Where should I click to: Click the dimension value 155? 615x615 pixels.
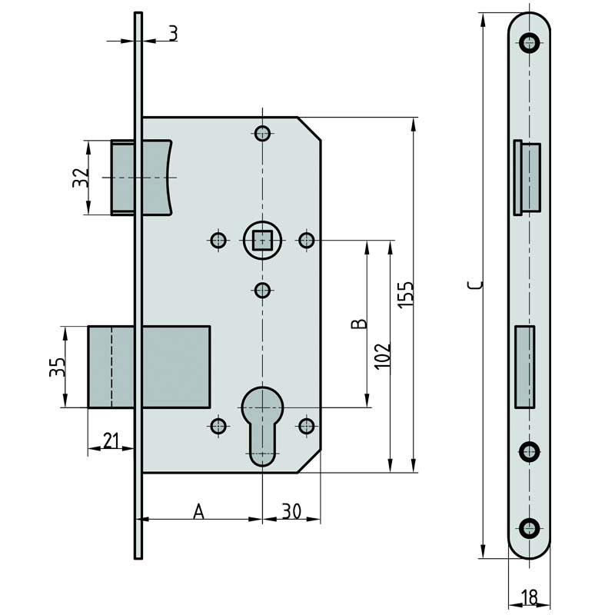tap(406, 294)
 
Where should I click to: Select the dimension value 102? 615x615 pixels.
tap(382, 356)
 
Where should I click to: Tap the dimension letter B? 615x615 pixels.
tap(359, 324)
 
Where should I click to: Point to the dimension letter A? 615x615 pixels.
tap(199, 511)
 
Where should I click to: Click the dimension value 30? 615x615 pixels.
tap(292, 511)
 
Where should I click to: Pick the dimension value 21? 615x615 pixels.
tap(111, 440)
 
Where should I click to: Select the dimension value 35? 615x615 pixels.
tap(57, 367)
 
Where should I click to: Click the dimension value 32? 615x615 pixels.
tap(81, 178)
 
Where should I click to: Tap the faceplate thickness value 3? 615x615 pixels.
tap(174, 33)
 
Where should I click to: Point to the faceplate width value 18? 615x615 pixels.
tap(530, 598)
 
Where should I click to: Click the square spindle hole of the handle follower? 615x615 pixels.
tap(262, 241)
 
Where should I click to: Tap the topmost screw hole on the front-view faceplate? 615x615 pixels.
tap(529, 42)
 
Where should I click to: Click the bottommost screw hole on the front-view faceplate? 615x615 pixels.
tap(529, 527)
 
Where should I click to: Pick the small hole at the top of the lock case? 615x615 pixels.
tap(262, 133)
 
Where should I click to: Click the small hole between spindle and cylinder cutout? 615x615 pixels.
tap(262, 291)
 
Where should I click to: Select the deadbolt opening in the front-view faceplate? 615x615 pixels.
tap(525, 367)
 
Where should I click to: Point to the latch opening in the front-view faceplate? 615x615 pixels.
tap(527, 178)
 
